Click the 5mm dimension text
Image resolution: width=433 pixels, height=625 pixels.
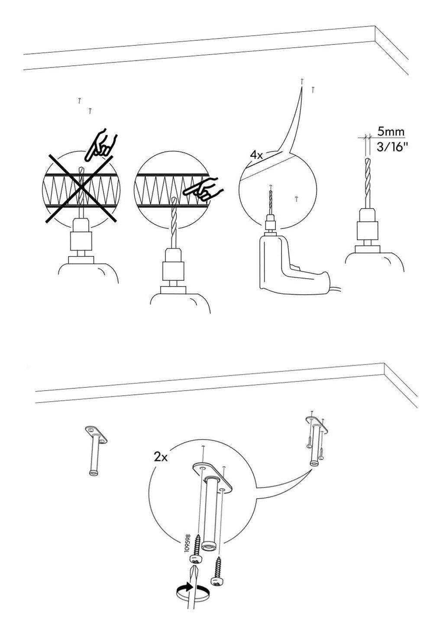[391, 131]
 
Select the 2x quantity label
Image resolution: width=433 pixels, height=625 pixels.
[161, 457]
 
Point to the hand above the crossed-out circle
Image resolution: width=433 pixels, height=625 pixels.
[101, 144]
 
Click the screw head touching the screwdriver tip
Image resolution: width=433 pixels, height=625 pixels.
[195, 560]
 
